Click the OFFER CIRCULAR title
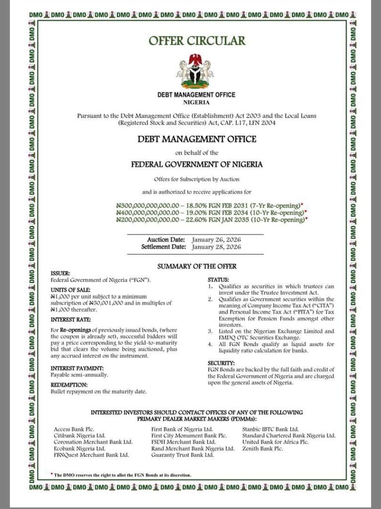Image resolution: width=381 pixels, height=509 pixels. click(x=196, y=41)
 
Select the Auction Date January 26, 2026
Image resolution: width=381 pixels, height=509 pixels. click(x=216, y=240)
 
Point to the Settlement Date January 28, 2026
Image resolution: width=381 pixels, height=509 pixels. click(x=216, y=247)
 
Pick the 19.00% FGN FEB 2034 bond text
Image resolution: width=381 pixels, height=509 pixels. click(x=258, y=212)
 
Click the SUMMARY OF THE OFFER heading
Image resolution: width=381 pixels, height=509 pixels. click(x=196, y=266)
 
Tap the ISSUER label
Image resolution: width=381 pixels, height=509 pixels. click(x=60, y=273)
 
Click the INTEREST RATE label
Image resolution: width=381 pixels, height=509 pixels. click(x=71, y=319)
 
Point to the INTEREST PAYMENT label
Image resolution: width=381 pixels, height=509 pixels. click(x=77, y=368)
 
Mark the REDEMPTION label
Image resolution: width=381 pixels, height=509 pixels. click(x=69, y=385)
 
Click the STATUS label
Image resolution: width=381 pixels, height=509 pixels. click(x=218, y=280)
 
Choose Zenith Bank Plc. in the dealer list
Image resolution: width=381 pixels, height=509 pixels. click(x=263, y=448)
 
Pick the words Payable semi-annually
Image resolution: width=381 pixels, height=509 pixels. click(x=80, y=374)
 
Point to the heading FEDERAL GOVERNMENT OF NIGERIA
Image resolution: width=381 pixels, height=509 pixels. click(x=196, y=164)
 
